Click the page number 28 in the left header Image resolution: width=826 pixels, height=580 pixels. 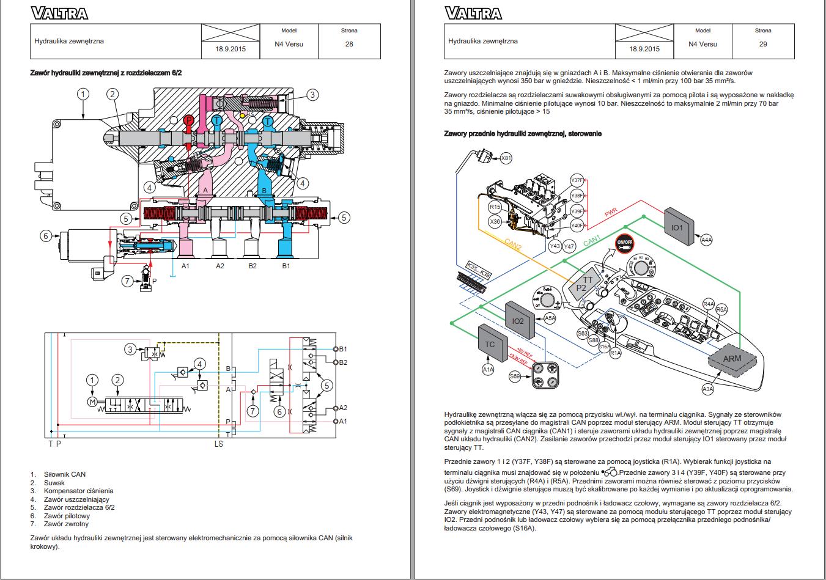pos(349,44)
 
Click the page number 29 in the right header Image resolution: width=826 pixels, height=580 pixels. pos(762,44)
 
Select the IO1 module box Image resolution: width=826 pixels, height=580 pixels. pos(677,227)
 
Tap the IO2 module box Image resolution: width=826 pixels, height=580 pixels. pos(518,321)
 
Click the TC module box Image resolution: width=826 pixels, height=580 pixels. pos(490,344)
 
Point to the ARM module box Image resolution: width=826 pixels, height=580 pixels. pos(731,358)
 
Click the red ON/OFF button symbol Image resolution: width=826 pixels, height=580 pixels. pos(624,243)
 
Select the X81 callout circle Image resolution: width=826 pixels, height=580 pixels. pos(506,158)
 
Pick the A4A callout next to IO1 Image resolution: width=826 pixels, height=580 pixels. pos(706,240)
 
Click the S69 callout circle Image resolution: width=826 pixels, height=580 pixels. pos(515,376)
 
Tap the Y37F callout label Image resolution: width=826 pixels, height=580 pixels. pos(577,180)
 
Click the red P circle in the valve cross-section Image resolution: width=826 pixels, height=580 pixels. pos(189,120)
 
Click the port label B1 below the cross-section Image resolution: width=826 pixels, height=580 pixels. pos(286,266)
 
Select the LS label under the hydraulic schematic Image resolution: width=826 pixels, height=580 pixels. pos(218,444)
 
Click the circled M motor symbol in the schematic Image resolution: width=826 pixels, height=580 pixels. pos(93,401)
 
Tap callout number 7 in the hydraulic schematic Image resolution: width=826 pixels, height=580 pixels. pos(252,411)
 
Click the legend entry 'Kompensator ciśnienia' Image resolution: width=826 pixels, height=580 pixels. pos(78,491)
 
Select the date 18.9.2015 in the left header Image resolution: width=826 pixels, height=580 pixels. pos(230,49)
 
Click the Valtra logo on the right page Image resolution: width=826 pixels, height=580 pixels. pos(473,13)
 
